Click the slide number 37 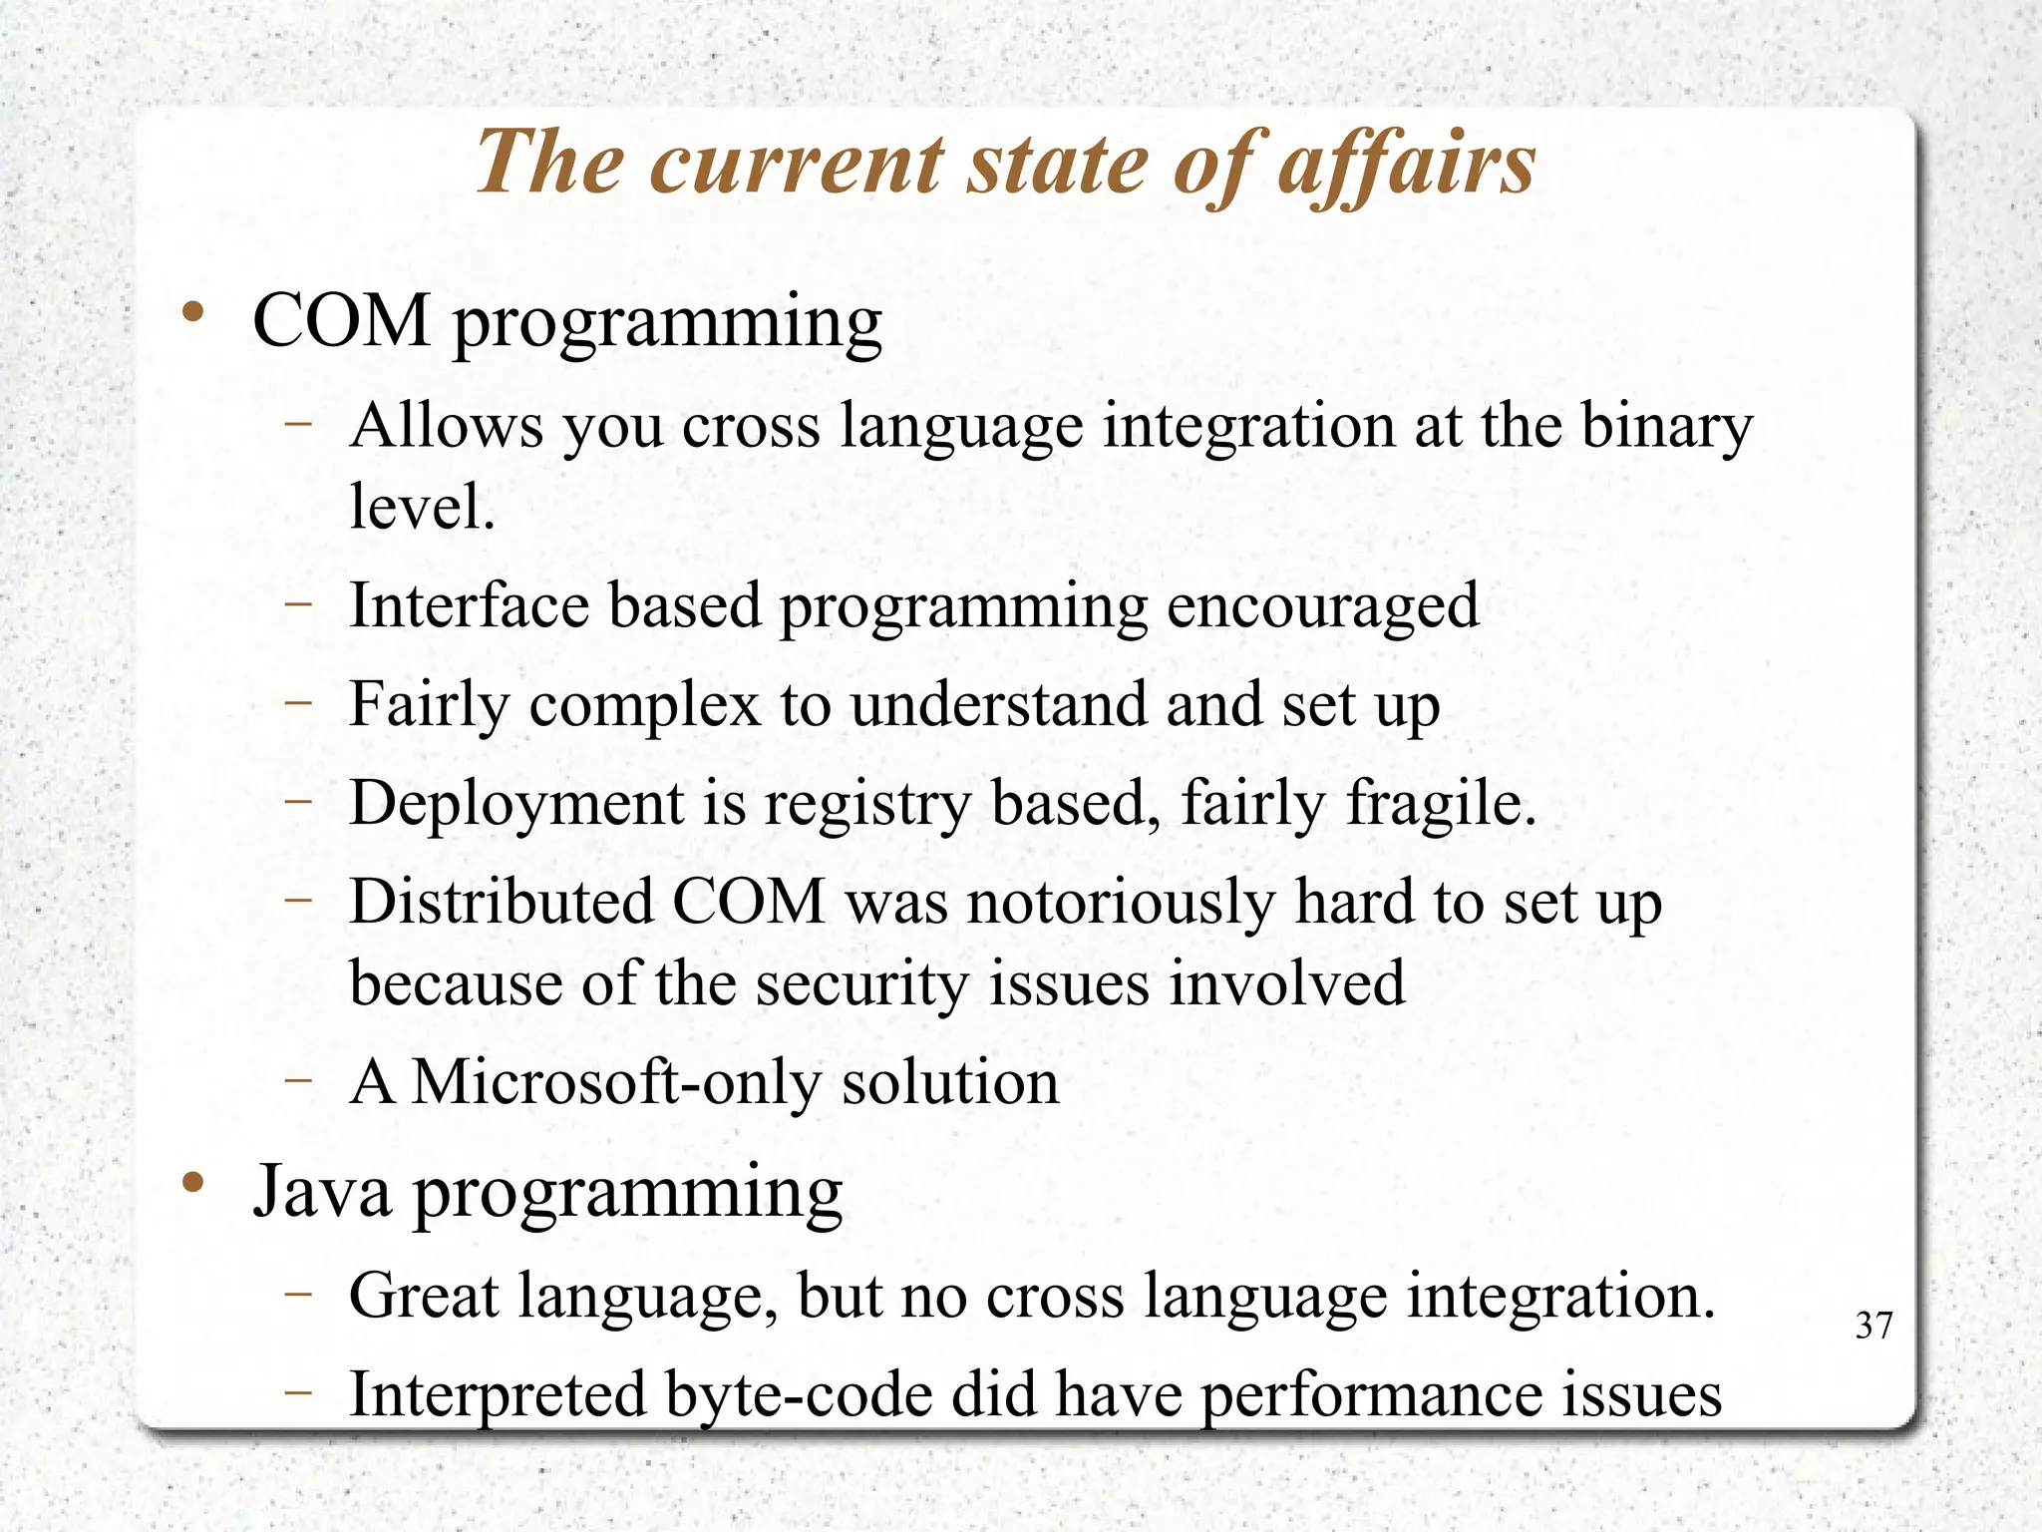coord(1873,1326)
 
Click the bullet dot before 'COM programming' coord(193,314)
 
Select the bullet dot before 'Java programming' coord(193,1184)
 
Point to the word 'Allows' coord(448,426)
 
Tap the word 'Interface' coord(469,605)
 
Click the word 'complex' coord(645,706)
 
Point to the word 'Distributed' coord(502,902)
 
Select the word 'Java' coord(322,1192)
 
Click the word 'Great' coord(424,1296)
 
